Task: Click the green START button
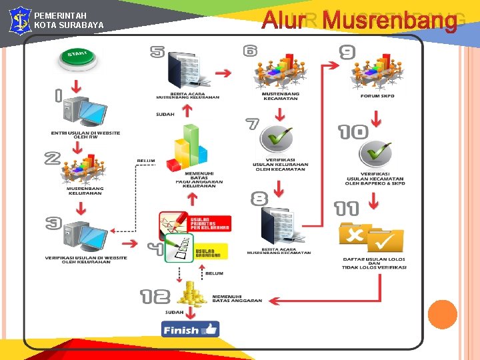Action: pos(79,59)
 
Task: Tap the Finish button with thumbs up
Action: pos(190,329)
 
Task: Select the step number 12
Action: pos(155,296)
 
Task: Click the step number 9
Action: pos(347,52)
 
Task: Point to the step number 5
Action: pos(157,51)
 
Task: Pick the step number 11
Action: pos(346,209)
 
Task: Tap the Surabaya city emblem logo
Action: pos(19,20)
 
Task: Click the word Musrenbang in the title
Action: pos(389,21)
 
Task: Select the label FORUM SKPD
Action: pos(377,96)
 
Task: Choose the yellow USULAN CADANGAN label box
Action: pos(211,251)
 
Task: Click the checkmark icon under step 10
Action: pos(375,154)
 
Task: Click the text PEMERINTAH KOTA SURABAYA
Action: pos(69,20)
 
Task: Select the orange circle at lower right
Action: pos(442,314)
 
